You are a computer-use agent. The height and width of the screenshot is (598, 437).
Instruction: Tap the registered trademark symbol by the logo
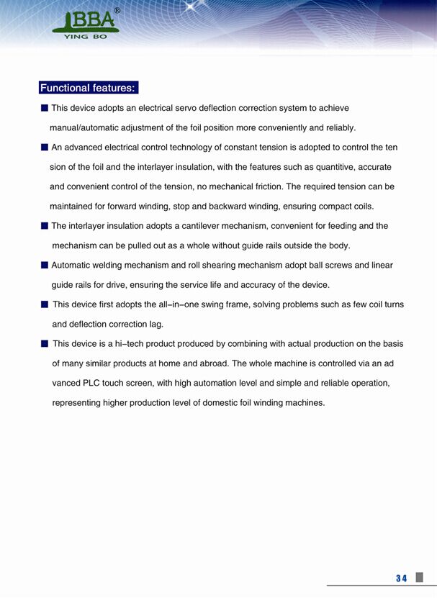(x=117, y=11)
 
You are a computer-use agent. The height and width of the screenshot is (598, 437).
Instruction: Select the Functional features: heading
(x=88, y=89)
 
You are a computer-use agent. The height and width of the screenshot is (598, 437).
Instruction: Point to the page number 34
(x=401, y=578)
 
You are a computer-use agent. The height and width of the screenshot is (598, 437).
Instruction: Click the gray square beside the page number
(x=420, y=577)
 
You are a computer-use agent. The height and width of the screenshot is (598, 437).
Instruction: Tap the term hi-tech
(x=132, y=344)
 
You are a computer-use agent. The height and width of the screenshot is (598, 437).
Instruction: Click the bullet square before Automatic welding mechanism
(x=45, y=265)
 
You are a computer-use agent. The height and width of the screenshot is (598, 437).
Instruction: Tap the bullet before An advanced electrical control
(x=45, y=147)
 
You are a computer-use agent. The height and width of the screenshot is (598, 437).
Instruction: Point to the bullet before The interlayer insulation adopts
(x=45, y=225)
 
